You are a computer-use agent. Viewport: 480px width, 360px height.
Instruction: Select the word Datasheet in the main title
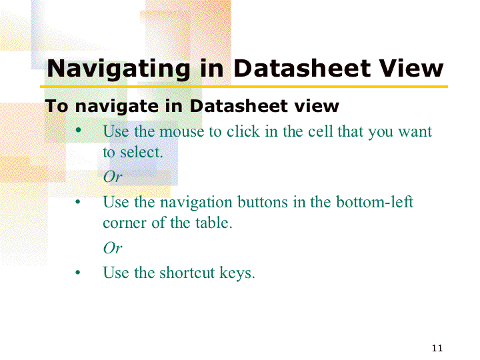(303, 68)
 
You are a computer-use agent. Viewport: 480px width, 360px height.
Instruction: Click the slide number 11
(437, 348)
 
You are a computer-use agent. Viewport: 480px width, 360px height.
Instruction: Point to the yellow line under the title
(244, 87)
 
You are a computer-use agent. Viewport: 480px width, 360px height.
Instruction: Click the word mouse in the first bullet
(182, 132)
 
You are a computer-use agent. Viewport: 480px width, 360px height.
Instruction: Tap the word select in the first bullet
(141, 152)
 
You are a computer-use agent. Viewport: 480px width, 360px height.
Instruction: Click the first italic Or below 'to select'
(113, 177)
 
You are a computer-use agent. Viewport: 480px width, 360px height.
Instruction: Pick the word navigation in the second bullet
(196, 203)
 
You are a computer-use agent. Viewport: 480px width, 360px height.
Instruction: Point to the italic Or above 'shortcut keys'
(113, 247)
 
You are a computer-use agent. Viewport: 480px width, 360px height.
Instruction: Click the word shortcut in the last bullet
(187, 273)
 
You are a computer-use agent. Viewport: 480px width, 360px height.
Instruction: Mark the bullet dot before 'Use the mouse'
(79, 130)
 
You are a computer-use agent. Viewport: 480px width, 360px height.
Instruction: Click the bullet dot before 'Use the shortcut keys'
(78, 272)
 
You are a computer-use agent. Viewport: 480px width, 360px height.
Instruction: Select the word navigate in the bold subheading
(117, 107)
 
